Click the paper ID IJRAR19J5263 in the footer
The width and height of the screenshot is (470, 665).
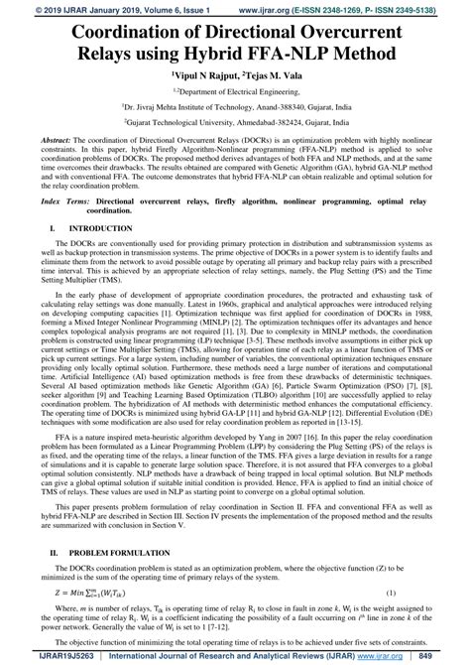click(x=35, y=656)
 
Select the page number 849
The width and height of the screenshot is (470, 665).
click(x=450, y=656)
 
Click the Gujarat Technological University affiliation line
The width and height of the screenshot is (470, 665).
click(x=235, y=119)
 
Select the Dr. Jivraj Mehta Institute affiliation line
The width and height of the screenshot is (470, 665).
click(x=235, y=104)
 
